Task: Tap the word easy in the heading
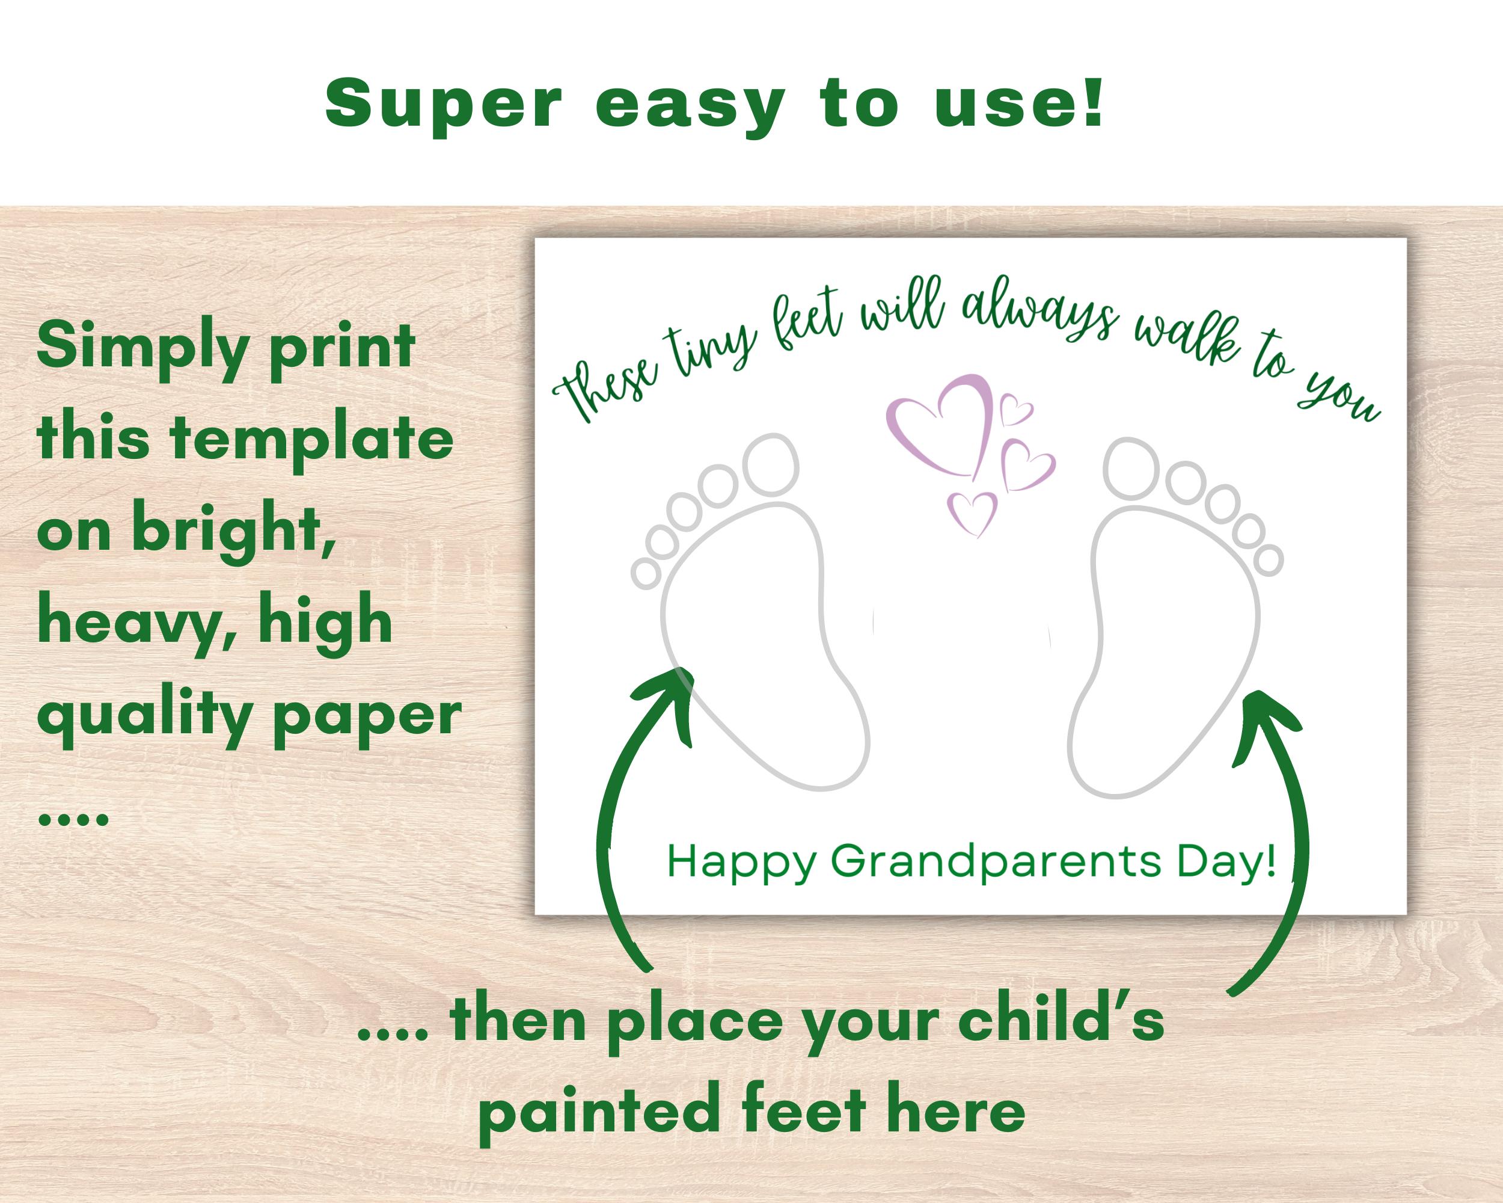tap(691, 108)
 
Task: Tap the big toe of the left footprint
tap(770, 464)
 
